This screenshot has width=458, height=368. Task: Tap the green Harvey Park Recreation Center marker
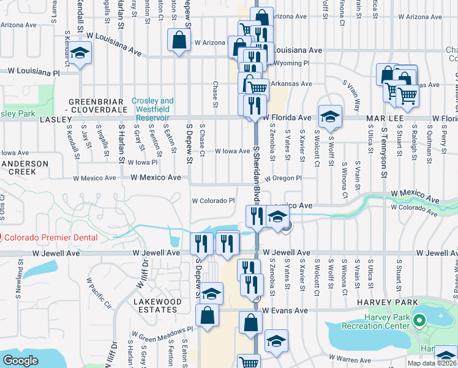point(419,321)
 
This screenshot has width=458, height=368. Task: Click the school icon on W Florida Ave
point(330,117)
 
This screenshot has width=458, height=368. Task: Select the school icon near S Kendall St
point(79,53)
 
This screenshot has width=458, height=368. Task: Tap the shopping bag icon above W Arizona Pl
point(178,40)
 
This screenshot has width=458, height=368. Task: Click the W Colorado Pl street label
point(214,201)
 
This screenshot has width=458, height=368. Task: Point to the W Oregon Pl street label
point(283,178)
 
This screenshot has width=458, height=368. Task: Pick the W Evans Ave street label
point(285,311)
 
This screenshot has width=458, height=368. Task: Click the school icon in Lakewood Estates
point(212,294)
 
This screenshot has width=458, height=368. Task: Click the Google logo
point(21,361)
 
